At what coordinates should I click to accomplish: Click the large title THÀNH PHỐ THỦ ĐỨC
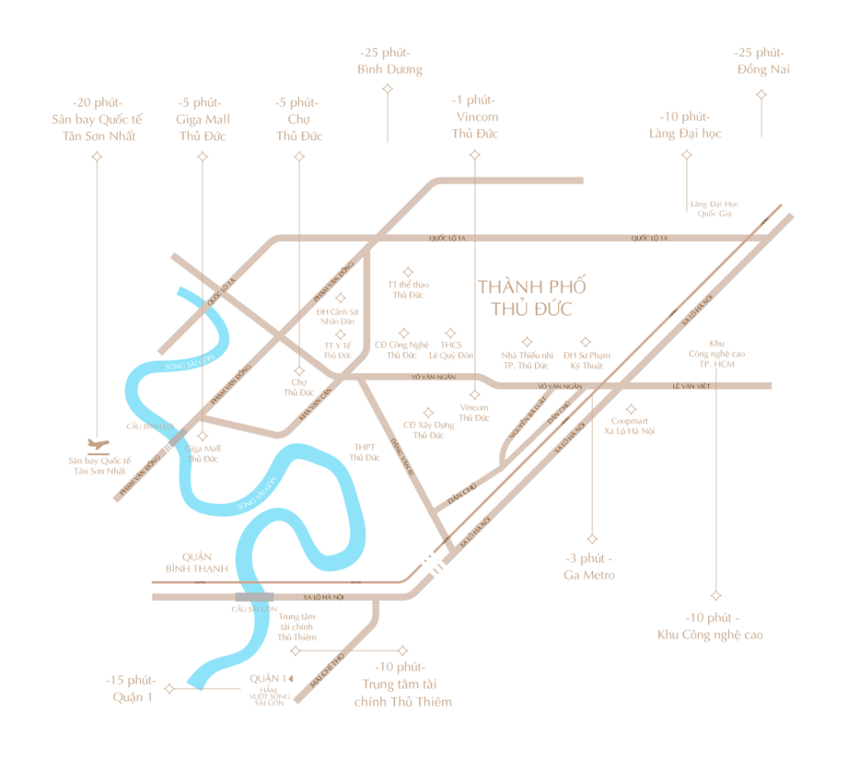532,298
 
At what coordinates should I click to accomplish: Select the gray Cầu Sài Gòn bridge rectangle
254,597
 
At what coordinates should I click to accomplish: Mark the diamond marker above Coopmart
631,408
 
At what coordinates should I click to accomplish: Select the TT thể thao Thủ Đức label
407,289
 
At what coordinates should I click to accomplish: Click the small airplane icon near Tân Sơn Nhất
98,443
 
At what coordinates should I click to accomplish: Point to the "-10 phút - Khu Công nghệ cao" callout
711,627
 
